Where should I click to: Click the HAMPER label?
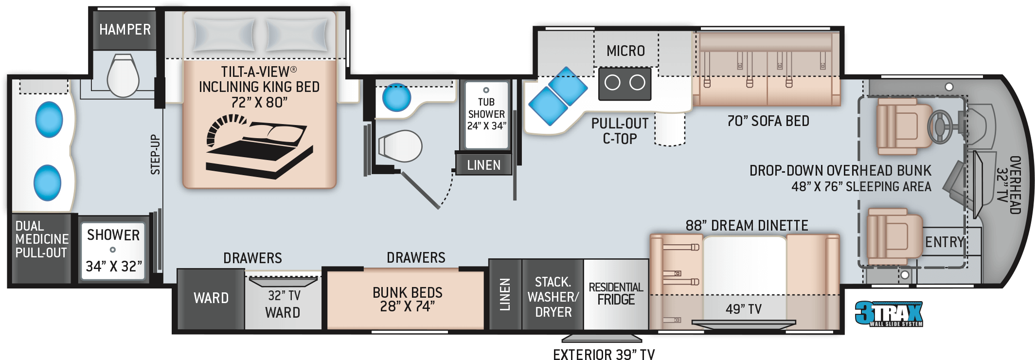pos(125,30)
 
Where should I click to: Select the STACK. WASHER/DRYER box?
pos(553,295)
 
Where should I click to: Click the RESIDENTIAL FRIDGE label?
pos(616,293)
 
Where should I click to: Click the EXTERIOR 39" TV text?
pos(604,354)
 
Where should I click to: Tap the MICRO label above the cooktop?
pos(625,51)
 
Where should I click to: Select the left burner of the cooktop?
pos(612,83)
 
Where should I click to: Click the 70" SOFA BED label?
pos(768,121)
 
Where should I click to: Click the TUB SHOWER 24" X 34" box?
pos(486,115)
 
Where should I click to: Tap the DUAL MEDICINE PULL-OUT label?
pos(42,239)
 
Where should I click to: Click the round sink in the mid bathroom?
pos(396,97)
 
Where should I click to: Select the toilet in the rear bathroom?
pos(123,76)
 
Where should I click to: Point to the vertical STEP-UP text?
pos(155,154)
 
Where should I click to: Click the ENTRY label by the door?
pos(944,242)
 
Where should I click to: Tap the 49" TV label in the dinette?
pos(744,309)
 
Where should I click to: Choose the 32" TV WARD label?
pos(284,304)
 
